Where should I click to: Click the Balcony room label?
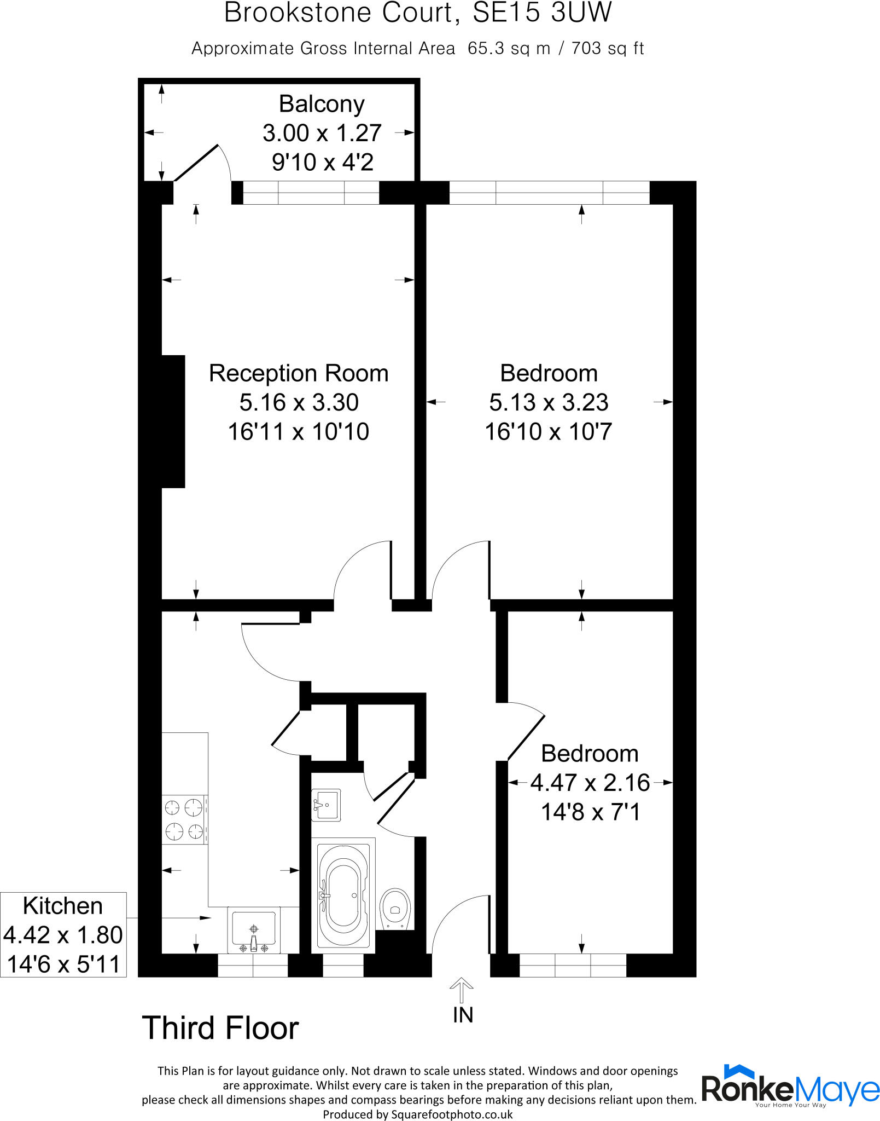coord(322,104)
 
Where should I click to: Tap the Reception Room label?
coord(299,373)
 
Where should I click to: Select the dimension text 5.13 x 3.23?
coord(549,402)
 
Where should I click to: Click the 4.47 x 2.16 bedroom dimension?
coord(590,783)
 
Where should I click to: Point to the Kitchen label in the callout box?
coord(63,906)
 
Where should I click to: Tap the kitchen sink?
coord(253,931)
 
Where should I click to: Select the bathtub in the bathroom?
coord(343,895)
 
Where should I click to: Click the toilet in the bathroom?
coord(395,909)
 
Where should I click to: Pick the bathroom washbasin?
coord(326,805)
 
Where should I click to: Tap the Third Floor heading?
coord(220,1028)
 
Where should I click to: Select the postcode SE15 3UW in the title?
coord(542,13)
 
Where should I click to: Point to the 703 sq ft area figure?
coord(608,49)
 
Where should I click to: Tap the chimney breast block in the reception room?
coord(173,421)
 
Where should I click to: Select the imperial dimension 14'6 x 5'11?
coord(63,964)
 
